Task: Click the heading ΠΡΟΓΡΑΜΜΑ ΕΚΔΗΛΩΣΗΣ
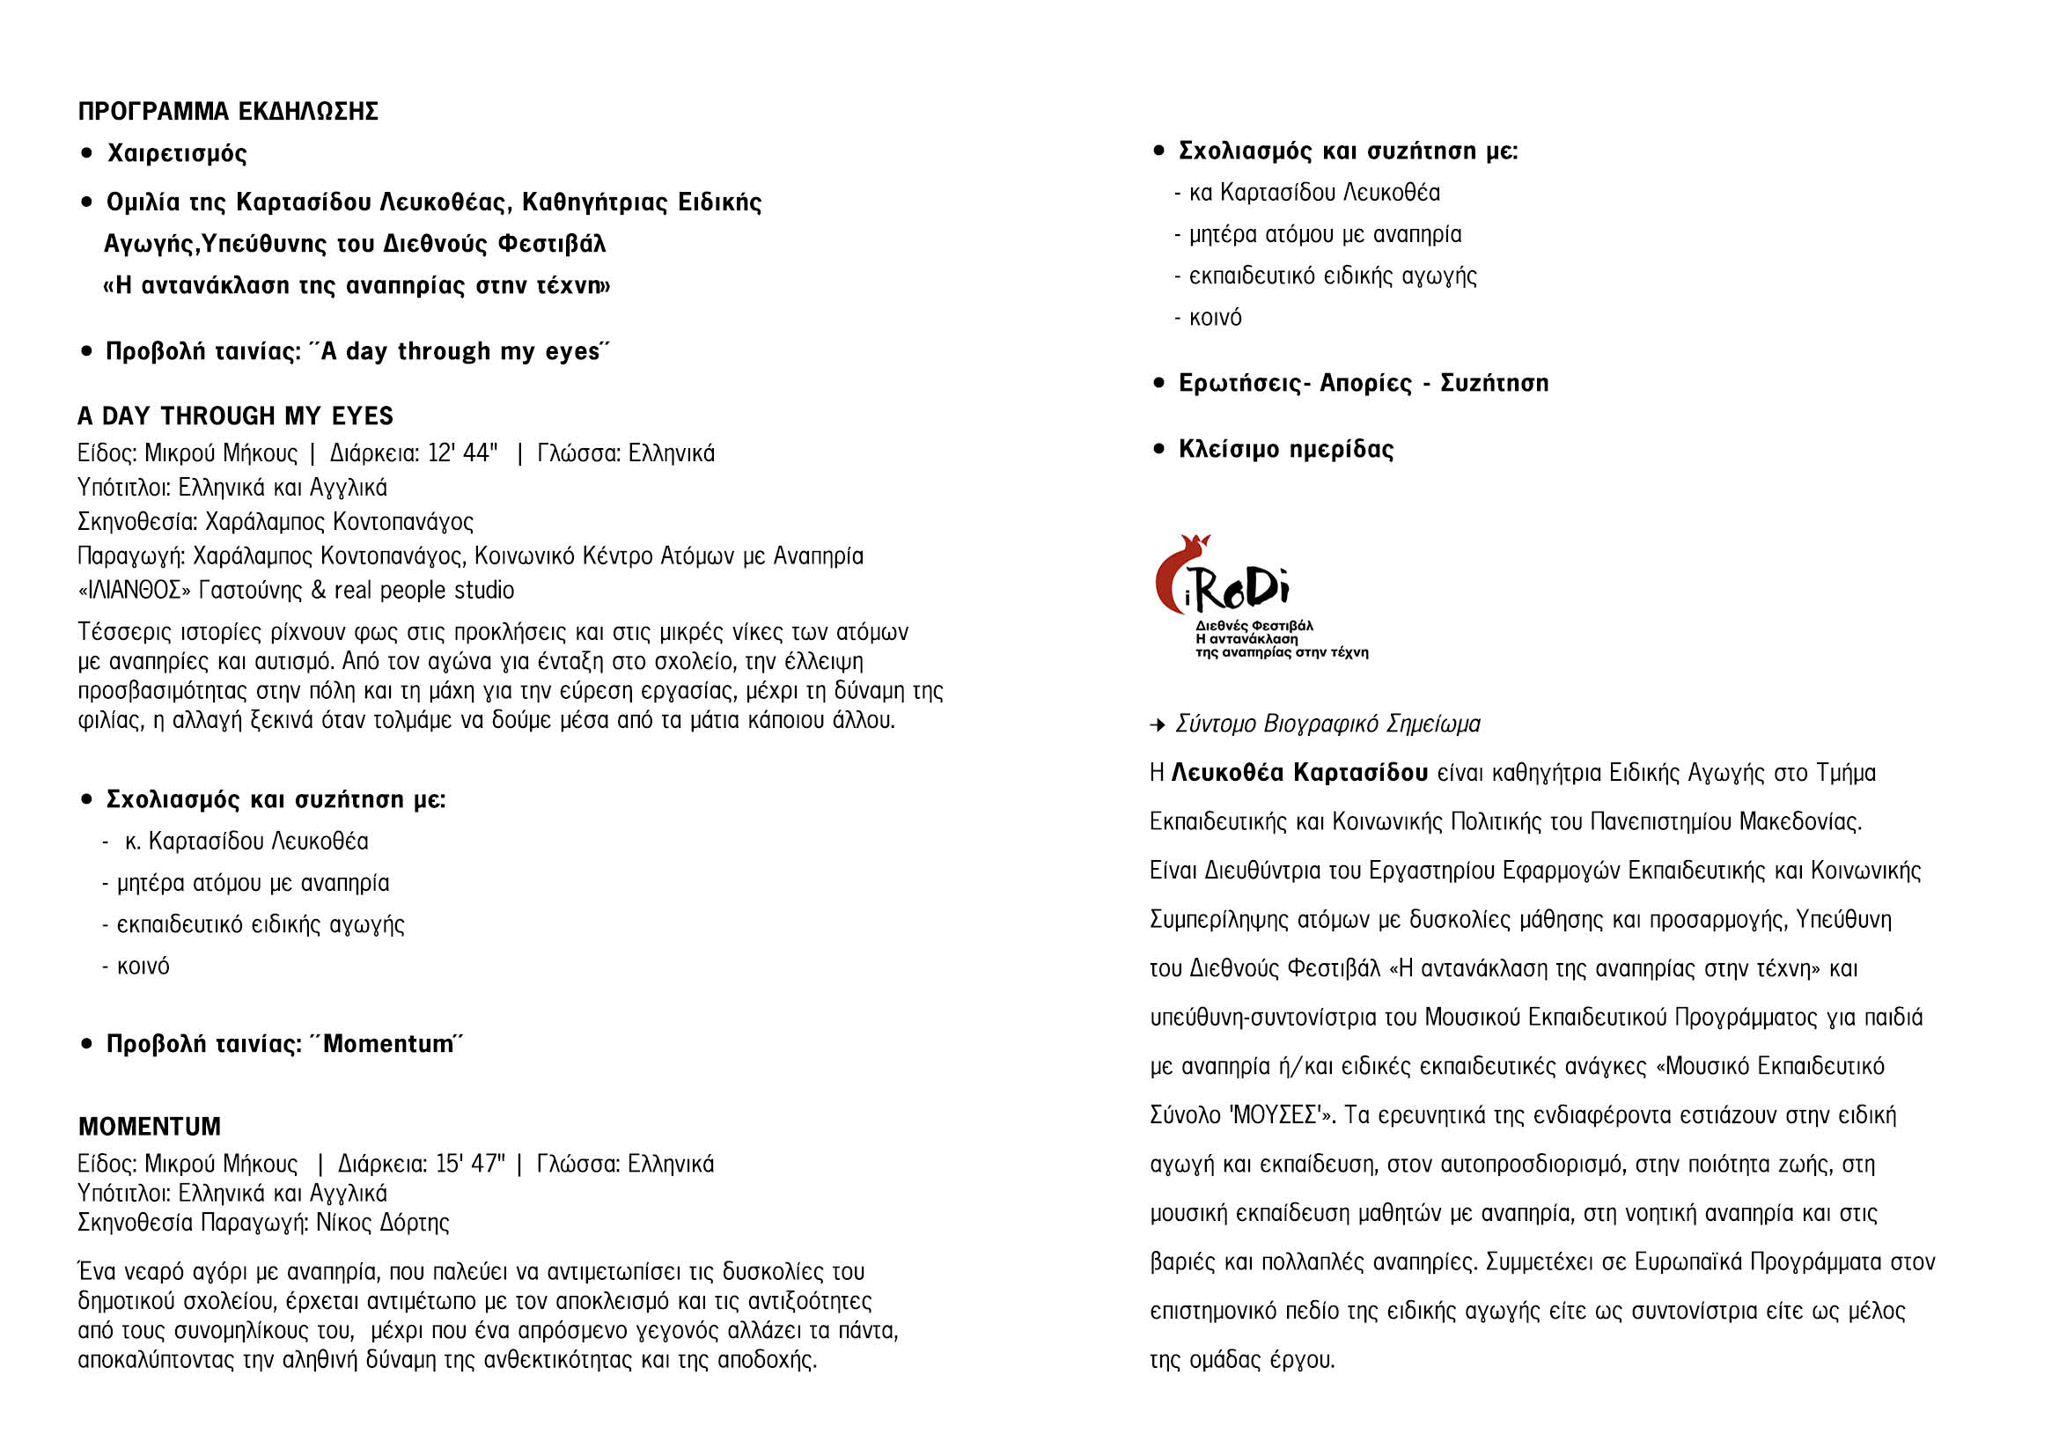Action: coord(228,111)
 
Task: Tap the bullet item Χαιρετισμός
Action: coord(177,153)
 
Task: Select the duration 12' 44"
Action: coord(463,452)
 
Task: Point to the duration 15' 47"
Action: coord(470,1164)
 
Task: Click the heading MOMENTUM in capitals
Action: coord(149,1126)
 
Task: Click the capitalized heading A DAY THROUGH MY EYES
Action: coord(235,416)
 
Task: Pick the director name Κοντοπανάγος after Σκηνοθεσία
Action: coord(402,522)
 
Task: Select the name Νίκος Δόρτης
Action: coord(382,1223)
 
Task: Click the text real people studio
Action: coord(424,591)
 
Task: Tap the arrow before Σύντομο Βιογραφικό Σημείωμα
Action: coord(1158,724)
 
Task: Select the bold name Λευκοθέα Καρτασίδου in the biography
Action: coord(1299,773)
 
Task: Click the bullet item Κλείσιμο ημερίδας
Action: coord(1285,449)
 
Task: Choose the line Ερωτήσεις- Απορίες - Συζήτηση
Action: coord(1363,384)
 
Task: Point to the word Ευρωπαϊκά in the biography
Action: coord(1688,1262)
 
